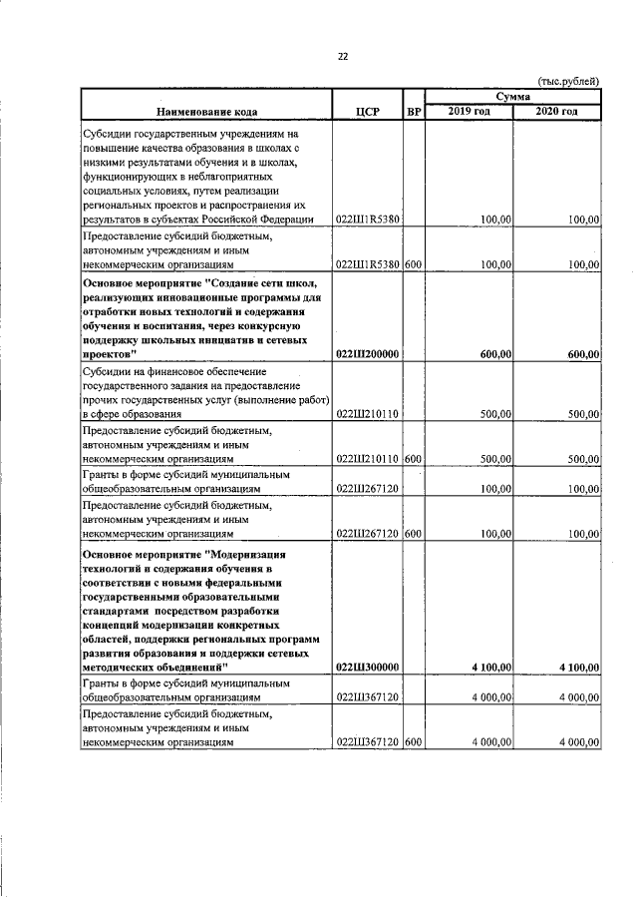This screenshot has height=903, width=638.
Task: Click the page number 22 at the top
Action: tap(342, 56)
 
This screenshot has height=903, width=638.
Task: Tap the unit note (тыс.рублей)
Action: tap(568, 80)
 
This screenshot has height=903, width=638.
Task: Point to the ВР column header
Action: tap(414, 111)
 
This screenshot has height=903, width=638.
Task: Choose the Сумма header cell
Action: tap(513, 96)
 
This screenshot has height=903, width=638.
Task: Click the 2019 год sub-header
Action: tap(469, 111)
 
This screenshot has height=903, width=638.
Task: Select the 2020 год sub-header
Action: tap(556, 111)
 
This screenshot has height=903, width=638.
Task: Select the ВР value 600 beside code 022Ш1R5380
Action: tap(414, 264)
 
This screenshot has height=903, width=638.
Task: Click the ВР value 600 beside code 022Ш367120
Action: tap(414, 741)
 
